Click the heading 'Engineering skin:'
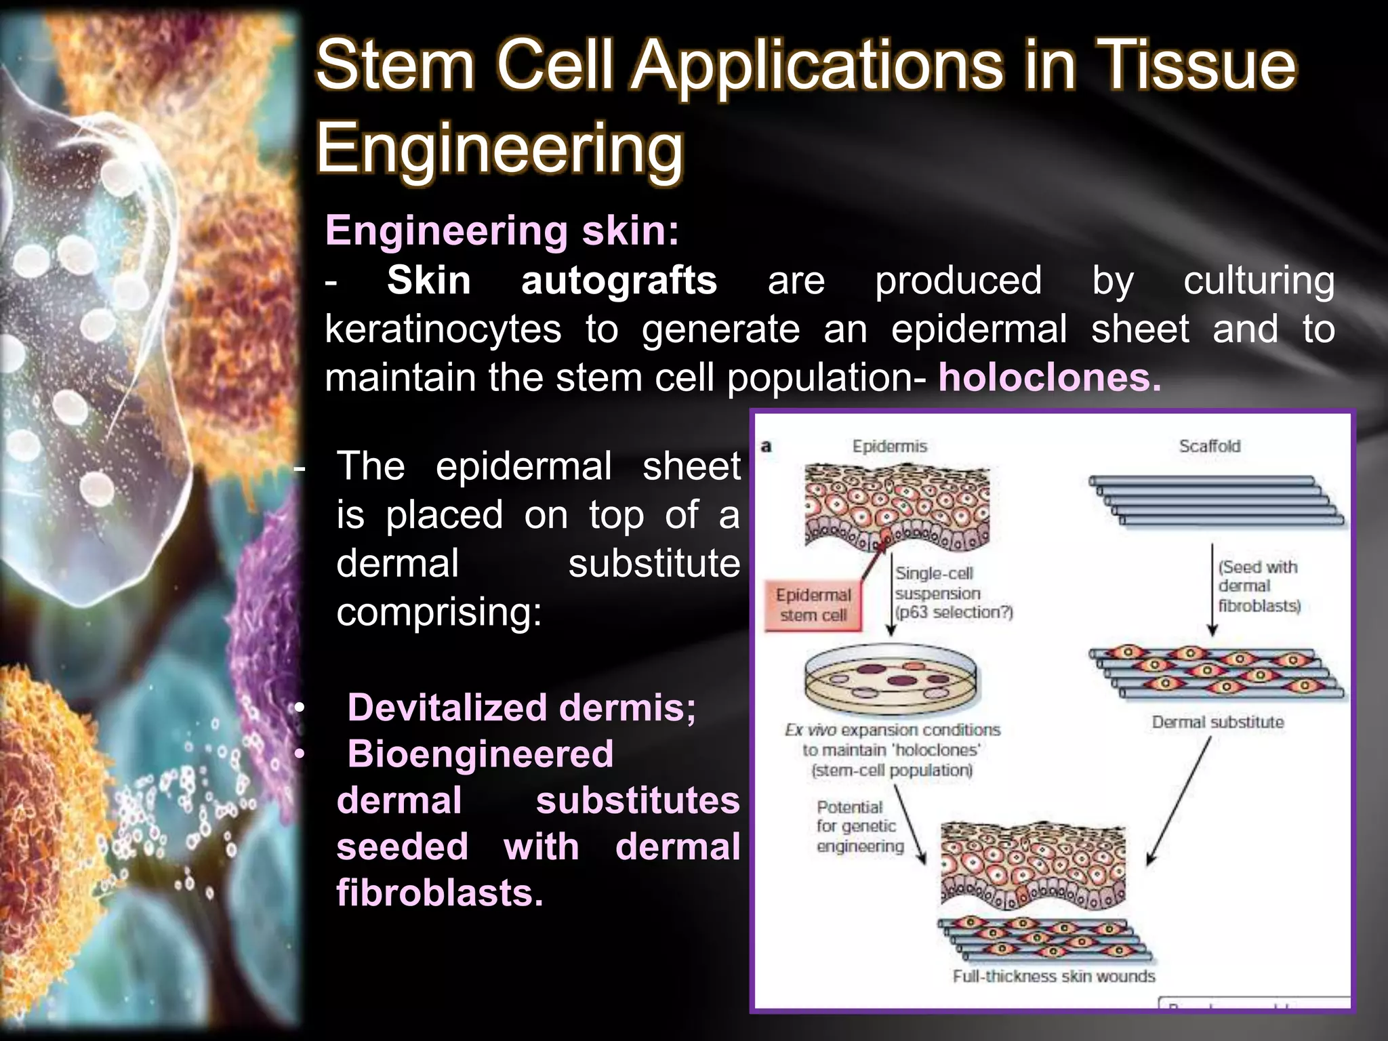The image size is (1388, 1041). pos(502,230)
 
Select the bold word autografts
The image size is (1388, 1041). pos(619,281)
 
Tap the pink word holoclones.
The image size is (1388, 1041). pos(1049,377)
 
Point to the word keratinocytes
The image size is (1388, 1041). pos(443,329)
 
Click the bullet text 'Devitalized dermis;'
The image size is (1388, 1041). pos(521,708)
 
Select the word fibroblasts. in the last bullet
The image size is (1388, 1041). pos(440,893)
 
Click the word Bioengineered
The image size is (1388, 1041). pos(480,754)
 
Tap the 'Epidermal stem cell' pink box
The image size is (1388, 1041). pos(813,605)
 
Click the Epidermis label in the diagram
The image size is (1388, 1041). pos(889,446)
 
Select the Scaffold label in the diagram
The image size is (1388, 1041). pos(1209,446)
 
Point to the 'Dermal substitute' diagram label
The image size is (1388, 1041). pos(1218,722)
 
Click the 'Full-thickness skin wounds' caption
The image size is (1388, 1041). pos(1053,976)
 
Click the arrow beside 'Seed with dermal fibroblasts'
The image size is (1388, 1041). pos(1212,590)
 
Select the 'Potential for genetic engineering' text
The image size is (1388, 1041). pos(859,826)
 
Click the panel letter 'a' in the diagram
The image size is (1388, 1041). pos(767,446)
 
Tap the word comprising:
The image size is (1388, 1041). pos(439,612)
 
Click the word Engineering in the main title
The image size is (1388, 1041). pos(499,148)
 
